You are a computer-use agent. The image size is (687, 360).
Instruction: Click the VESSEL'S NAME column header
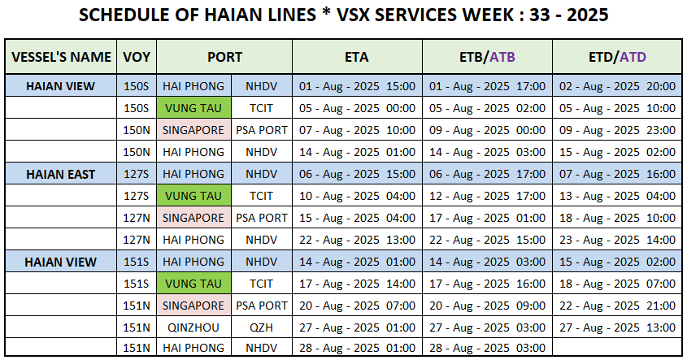point(61,57)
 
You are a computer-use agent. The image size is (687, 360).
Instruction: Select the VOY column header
point(137,57)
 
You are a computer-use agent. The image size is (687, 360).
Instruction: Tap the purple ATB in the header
point(502,57)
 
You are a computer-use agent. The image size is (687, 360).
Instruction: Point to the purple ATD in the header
point(633,57)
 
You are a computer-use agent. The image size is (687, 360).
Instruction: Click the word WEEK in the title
point(488,15)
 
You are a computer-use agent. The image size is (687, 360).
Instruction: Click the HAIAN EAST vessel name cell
point(60,174)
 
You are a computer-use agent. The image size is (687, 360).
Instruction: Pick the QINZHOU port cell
point(193,327)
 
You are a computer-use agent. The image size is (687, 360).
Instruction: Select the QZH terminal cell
point(261,327)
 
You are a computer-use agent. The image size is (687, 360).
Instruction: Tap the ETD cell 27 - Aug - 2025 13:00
point(617,327)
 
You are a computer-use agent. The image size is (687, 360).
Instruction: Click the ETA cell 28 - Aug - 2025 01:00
point(357,348)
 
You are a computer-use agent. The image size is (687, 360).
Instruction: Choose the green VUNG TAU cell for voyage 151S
point(193,284)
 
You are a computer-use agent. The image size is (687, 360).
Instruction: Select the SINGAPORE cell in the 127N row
point(193,218)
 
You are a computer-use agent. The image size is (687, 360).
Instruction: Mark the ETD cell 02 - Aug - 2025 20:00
point(617,86)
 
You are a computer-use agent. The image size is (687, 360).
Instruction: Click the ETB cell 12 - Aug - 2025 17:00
point(487,196)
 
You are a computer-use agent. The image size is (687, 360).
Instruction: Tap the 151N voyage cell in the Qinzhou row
point(137,327)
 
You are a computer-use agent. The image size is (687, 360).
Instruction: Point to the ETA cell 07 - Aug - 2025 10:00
point(357,130)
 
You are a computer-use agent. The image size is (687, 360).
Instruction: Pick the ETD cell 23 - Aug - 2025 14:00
point(617,240)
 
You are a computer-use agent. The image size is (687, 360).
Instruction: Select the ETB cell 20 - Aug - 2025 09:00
point(487,306)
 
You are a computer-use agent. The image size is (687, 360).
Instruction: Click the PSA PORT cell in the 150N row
point(262,130)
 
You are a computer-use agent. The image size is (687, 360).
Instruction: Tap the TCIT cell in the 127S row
point(261,196)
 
